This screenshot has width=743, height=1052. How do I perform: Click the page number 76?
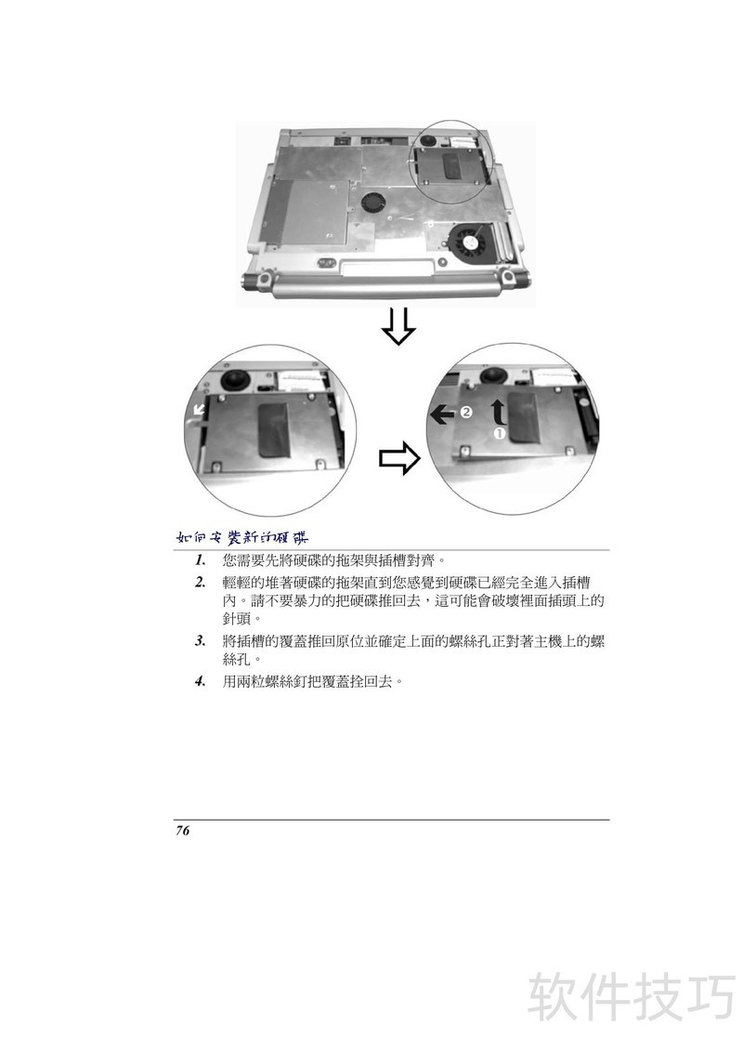coord(182,831)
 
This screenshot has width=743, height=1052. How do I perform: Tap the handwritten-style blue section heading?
coord(242,537)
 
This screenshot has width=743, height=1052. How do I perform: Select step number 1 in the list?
coord(200,560)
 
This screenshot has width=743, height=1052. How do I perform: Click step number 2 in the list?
coord(200,583)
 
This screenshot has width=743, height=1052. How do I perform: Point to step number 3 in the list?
coord(200,640)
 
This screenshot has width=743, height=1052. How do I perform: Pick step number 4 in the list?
coord(200,682)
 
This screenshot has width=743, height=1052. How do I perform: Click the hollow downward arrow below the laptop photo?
coord(398,327)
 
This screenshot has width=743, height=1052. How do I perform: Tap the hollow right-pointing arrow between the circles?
coord(399,458)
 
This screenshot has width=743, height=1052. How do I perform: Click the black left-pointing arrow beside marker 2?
coord(442,414)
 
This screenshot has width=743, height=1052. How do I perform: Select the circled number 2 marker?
coord(466,412)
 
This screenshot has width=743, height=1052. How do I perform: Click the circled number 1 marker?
coord(499,433)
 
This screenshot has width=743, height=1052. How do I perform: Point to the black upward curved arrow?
coord(499,412)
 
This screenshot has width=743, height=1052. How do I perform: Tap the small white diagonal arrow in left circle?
coord(199,409)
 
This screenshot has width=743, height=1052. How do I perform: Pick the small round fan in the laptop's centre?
coord(372,201)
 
